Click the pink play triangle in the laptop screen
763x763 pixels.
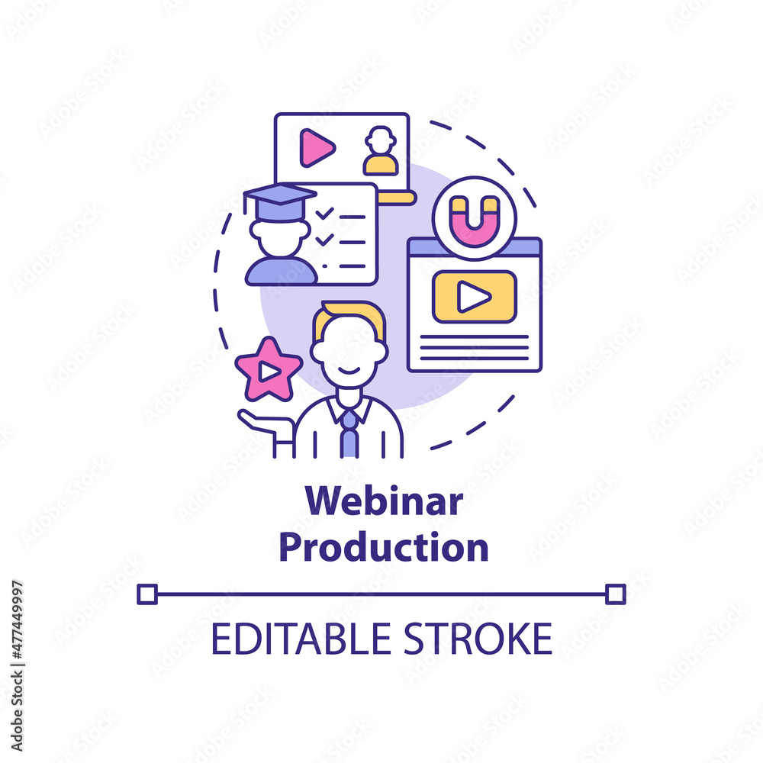pos(317,147)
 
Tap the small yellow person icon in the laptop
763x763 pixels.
pos(381,151)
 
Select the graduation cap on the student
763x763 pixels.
pos(279,202)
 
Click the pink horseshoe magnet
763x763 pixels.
pos(475,221)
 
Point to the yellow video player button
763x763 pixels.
pos(475,296)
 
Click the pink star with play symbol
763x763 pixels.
pos(269,370)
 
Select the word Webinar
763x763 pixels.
pos(384,501)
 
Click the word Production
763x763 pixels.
pos(384,547)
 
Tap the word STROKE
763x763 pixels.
pos(478,639)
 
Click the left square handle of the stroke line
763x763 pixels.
pos(147,594)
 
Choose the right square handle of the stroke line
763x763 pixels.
pos(616,594)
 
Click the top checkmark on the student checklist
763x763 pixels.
pos(324,213)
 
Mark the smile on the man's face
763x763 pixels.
pos(349,372)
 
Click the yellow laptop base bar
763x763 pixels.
pos(397,198)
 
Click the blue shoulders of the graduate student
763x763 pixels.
pos(281,271)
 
